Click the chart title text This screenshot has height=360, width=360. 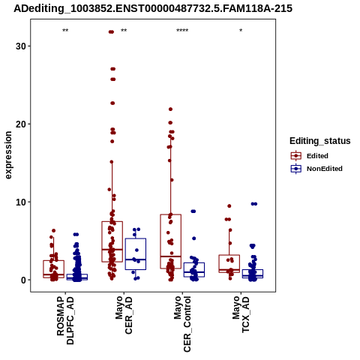(x=153, y=9)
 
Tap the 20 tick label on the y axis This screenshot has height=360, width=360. (x=21, y=124)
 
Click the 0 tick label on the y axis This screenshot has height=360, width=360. (x=23, y=280)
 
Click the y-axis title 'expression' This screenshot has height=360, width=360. (x=8, y=155)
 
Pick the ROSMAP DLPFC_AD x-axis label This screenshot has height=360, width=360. (x=65, y=320)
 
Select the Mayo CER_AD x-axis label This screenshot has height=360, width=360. (x=124, y=315)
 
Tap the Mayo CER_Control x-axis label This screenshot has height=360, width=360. (x=182, y=324)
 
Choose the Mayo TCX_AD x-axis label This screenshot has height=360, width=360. (x=241, y=314)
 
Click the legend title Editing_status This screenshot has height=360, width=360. (x=320, y=141)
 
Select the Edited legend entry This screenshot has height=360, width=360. (x=310, y=156)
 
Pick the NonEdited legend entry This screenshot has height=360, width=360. (x=316, y=169)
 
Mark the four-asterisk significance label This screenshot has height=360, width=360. (x=182, y=31)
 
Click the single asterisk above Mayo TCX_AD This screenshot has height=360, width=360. (x=241, y=31)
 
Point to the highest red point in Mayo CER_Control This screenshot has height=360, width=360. (x=171, y=109)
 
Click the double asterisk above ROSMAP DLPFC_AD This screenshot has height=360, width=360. (x=65, y=31)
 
